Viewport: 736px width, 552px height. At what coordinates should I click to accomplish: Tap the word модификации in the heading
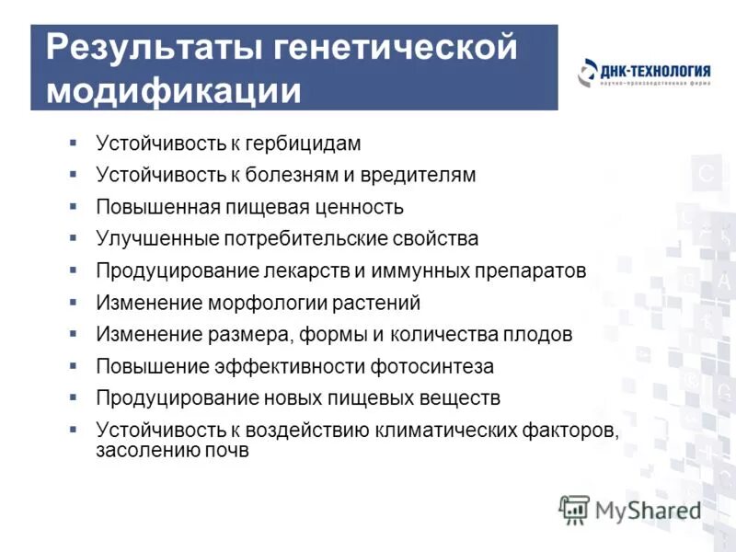[174, 91]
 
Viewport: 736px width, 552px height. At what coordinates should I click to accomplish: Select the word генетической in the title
[397, 48]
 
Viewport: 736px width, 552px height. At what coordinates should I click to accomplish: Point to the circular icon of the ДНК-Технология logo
[588, 74]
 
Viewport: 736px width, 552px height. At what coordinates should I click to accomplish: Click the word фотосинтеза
[432, 366]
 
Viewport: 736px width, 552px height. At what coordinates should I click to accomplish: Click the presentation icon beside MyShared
[573, 510]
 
